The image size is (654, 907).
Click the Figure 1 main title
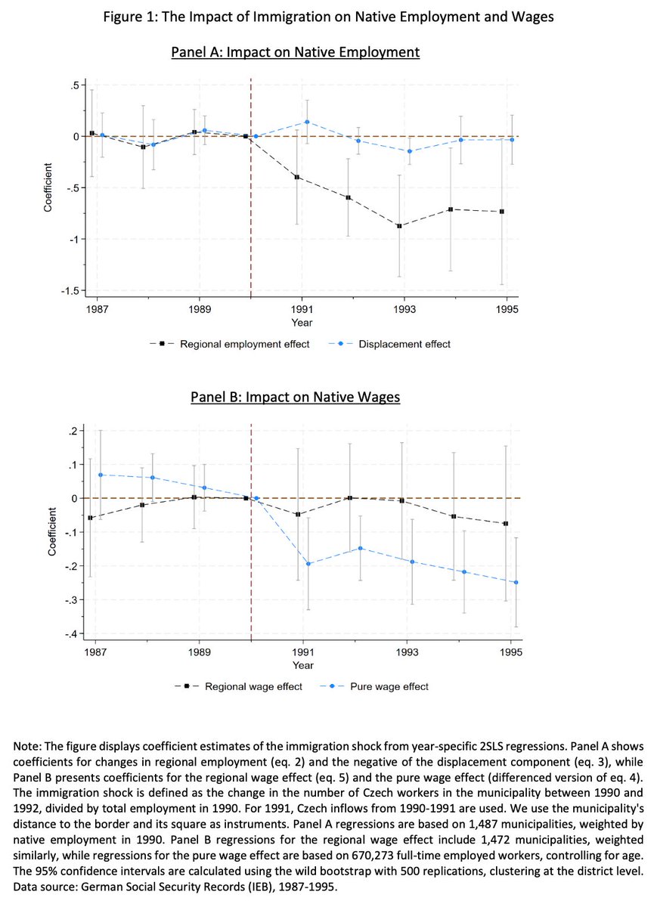(x=327, y=18)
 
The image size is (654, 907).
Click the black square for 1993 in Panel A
(x=399, y=226)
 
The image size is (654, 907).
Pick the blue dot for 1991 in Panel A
(x=307, y=122)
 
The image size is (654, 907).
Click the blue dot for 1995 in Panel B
(x=516, y=582)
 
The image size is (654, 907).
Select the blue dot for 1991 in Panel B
(x=308, y=563)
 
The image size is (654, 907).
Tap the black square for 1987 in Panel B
(x=91, y=518)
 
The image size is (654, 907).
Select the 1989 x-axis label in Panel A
(x=199, y=309)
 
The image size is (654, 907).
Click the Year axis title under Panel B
(x=303, y=666)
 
